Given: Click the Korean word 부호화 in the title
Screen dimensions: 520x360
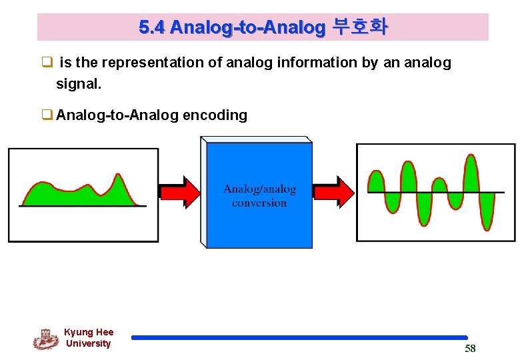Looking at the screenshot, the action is click(x=359, y=27).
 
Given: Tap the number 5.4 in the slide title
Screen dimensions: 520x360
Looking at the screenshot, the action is click(x=151, y=27).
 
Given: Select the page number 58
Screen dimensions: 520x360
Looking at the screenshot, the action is click(x=470, y=349).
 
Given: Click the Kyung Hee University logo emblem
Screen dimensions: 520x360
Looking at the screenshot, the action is click(x=45, y=339).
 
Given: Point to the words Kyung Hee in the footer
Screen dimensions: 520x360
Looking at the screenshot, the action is click(x=89, y=332).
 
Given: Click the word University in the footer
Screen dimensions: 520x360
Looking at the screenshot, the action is click(x=88, y=343).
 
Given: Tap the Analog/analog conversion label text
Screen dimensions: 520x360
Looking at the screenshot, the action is click(x=259, y=196).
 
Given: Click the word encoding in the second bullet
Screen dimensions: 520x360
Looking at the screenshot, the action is click(x=215, y=115).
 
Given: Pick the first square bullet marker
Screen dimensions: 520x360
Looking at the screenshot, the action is click(x=47, y=63).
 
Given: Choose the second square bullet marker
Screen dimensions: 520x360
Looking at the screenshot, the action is click(x=47, y=115).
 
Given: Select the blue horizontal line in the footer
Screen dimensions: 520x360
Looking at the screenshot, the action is click(x=299, y=338).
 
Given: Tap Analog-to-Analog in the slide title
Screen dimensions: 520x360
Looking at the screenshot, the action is click(x=247, y=27).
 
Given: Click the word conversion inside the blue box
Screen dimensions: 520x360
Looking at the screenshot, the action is click(x=259, y=203).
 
